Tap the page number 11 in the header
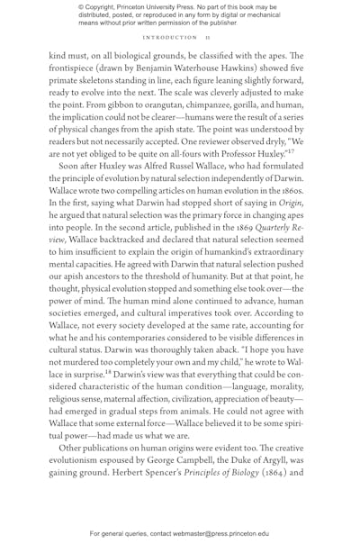[x=205, y=38]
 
